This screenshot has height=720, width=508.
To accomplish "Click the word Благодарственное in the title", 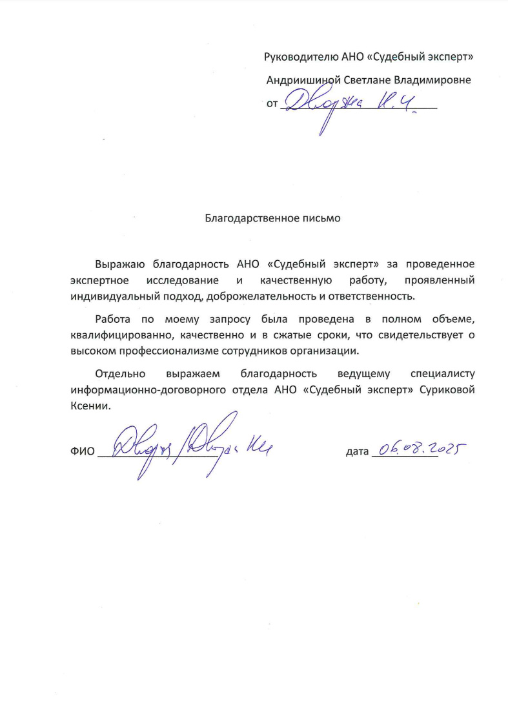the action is click(246, 218).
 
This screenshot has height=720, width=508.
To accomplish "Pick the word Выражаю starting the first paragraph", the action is click(121, 264).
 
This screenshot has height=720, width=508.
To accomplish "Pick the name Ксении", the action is click(90, 406).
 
